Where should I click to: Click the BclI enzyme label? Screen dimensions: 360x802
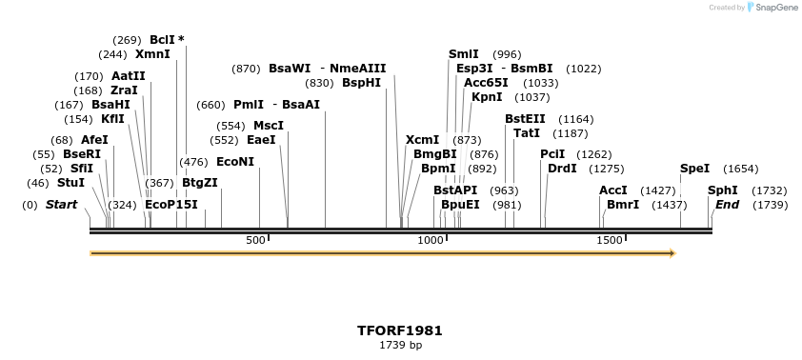[x=162, y=40]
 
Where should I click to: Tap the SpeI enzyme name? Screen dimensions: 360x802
[x=694, y=169]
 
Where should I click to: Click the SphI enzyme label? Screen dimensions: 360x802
[x=722, y=190]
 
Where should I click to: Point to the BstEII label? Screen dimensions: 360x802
[x=525, y=119]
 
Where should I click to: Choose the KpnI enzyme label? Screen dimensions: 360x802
[x=487, y=97]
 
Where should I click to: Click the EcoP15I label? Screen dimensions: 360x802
[x=171, y=205]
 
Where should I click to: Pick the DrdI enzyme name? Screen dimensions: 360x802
[x=562, y=169]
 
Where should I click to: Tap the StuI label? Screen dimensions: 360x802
[x=70, y=182]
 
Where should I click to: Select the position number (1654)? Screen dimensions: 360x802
[x=740, y=169]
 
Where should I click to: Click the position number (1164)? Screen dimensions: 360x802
[x=575, y=119]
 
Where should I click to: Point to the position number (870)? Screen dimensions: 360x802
[x=246, y=69]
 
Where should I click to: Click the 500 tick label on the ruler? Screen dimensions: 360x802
[x=255, y=241]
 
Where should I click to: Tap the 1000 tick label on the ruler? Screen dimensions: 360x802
[x=431, y=241]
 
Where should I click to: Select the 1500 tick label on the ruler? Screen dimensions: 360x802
[x=610, y=241]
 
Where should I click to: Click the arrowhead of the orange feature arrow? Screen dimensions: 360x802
[x=672, y=253]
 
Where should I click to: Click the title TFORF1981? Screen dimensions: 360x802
[x=400, y=330]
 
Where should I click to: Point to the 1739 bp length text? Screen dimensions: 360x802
[x=400, y=345]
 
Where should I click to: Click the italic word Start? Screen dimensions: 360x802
[x=61, y=205]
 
